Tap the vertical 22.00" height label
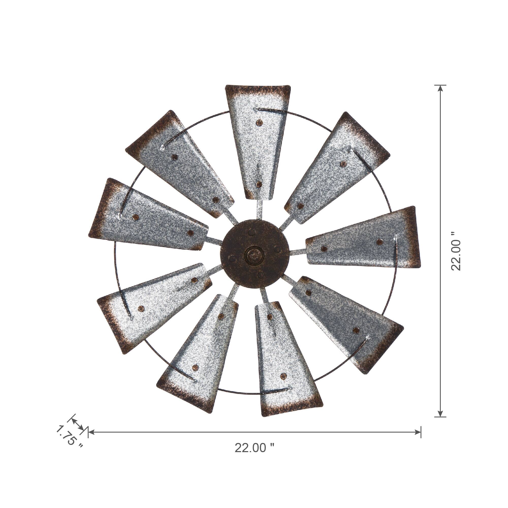456,251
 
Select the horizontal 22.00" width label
254,448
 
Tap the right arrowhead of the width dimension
418,432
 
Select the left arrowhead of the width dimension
91,432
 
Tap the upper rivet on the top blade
260,122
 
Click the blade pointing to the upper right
339,168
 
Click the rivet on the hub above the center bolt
252,232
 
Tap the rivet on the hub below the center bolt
261,275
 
